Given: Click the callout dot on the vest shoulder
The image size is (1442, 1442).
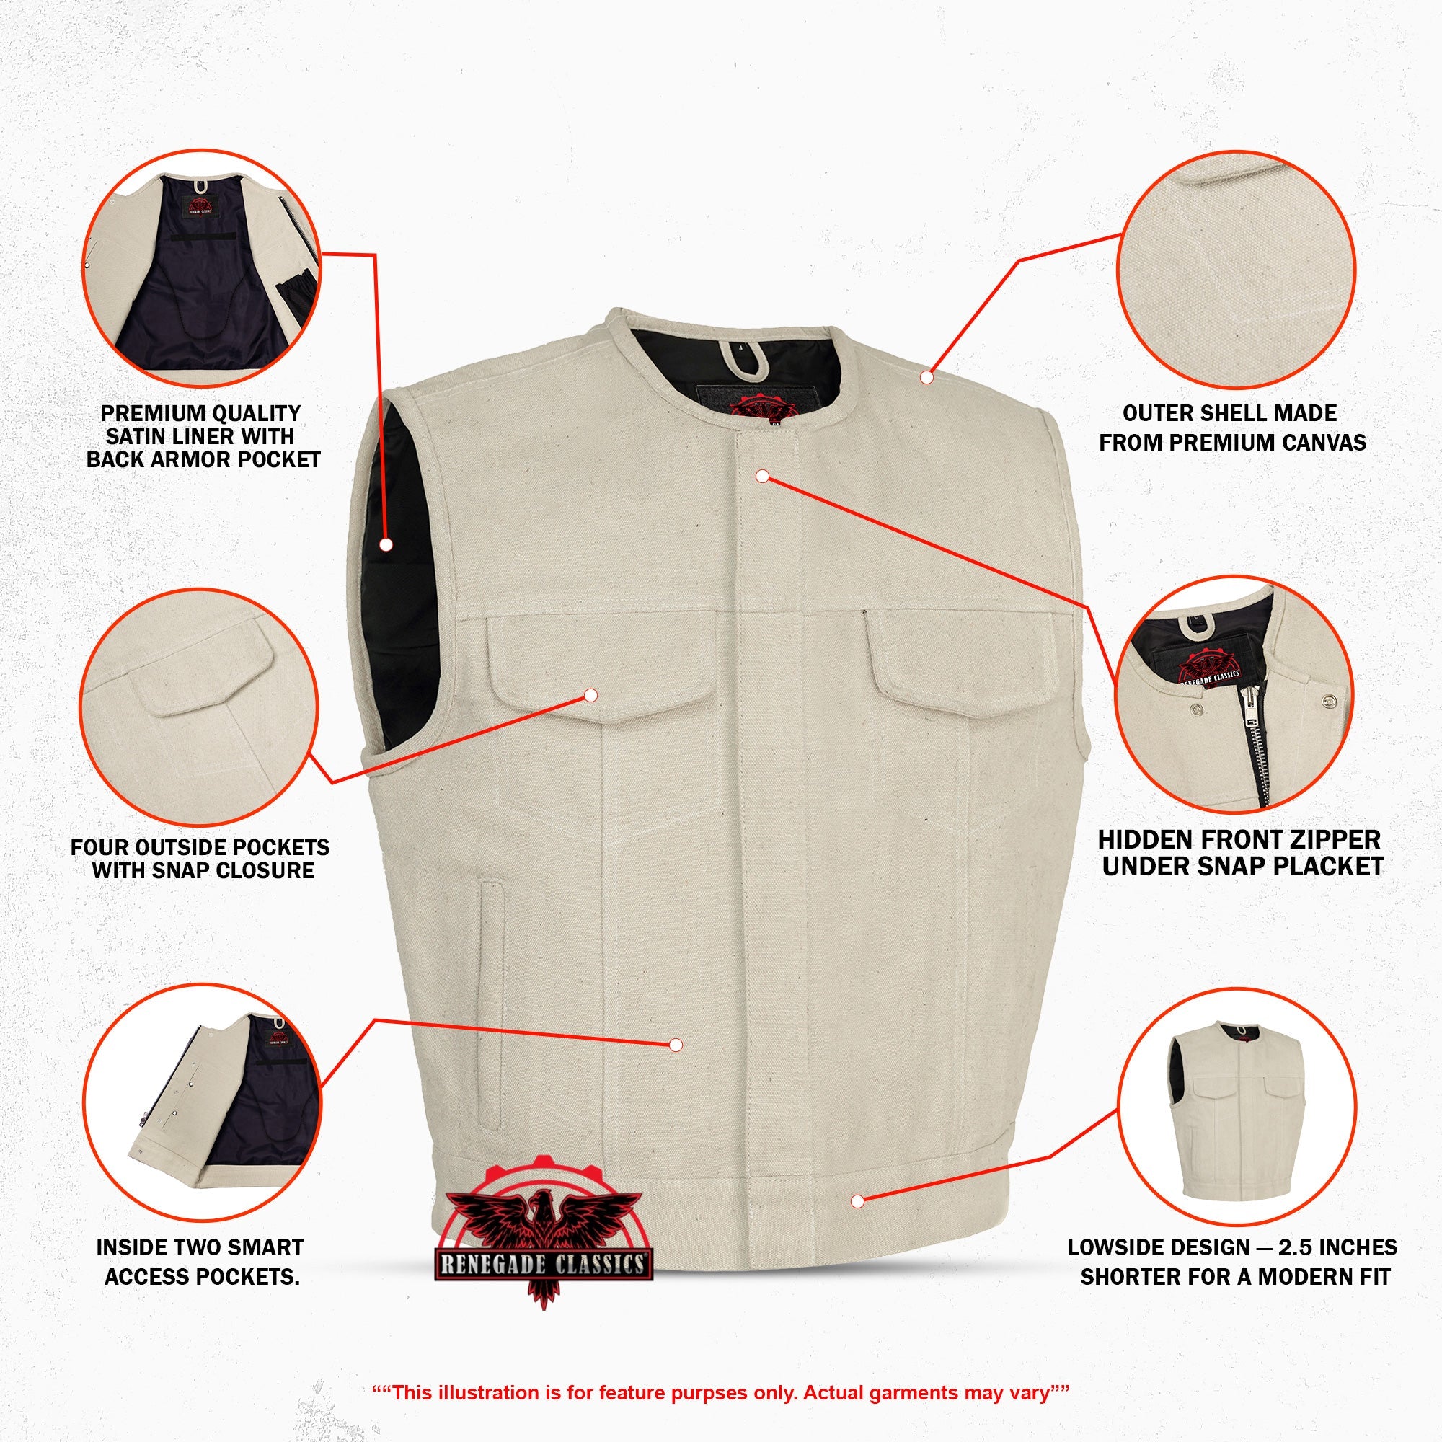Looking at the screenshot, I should click(926, 378).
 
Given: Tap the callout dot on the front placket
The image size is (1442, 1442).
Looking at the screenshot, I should click(762, 475).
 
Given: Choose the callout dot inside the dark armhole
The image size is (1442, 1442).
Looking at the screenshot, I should click(386, 545).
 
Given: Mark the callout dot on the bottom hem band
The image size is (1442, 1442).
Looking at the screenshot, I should click(857, 1201).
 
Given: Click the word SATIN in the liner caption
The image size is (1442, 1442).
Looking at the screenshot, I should click(141, 436).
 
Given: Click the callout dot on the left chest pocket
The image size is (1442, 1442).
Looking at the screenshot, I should click(591, 696).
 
